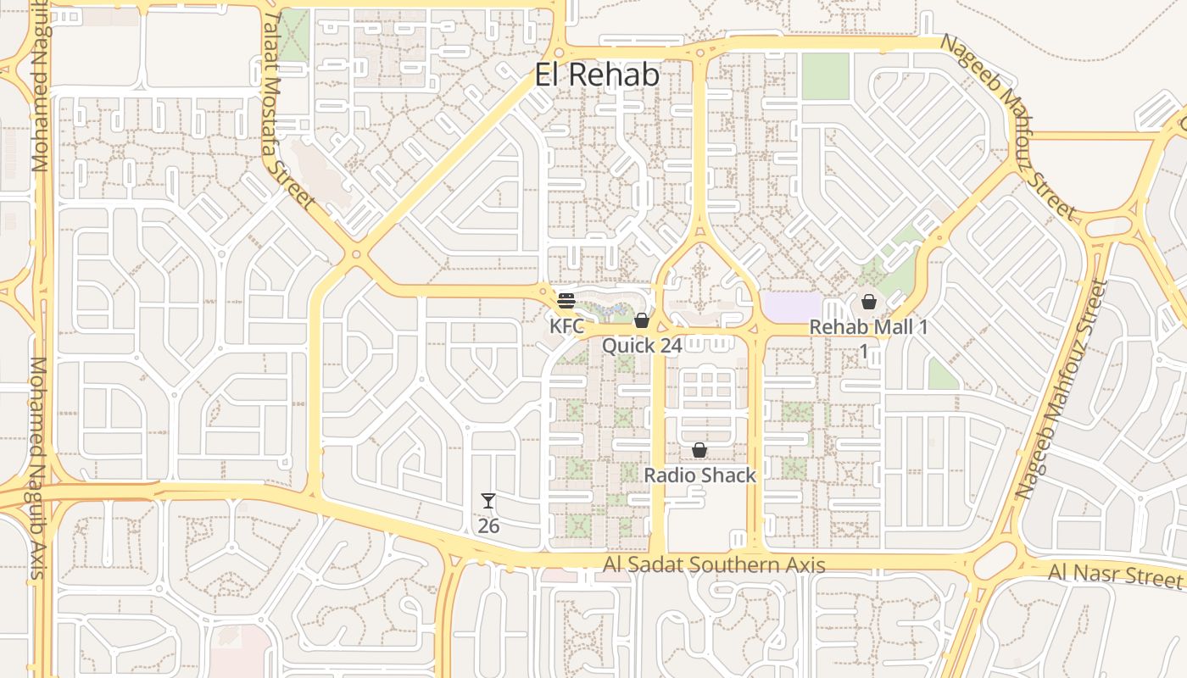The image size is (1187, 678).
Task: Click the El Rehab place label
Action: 597,75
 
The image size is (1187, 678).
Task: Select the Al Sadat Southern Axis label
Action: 714,564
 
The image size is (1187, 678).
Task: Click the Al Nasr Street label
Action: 1114,575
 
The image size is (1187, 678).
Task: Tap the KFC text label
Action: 566,326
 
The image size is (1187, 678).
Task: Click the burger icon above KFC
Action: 566,300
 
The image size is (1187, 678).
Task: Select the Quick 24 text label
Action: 642,346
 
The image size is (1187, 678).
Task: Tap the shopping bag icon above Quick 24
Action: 642,320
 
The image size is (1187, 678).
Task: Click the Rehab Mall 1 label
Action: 868,327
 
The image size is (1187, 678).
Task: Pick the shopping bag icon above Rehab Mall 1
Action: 868,302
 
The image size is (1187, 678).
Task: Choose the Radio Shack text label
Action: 699,475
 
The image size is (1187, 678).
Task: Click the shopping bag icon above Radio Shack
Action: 699,450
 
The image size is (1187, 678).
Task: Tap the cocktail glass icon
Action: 488,501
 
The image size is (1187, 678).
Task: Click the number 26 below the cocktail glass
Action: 488,525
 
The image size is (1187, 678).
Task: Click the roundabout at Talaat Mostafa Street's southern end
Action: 356,253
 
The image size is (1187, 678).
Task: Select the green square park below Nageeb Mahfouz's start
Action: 825,76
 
